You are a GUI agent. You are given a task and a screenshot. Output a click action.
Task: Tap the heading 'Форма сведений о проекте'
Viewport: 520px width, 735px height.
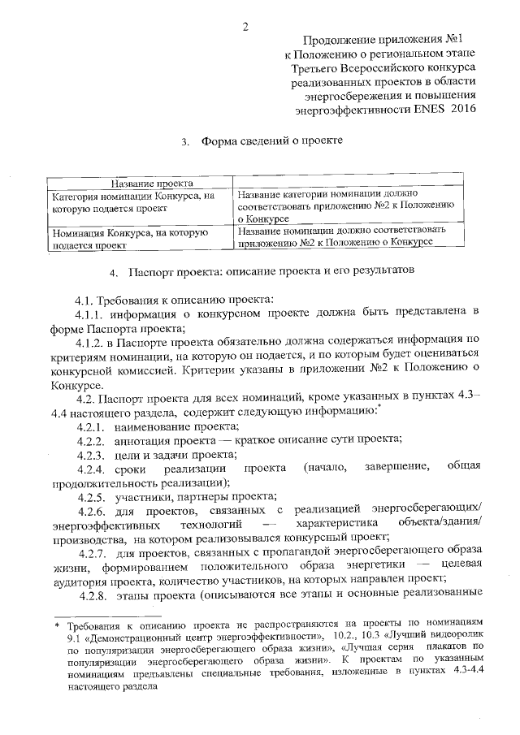pos(272,141)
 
